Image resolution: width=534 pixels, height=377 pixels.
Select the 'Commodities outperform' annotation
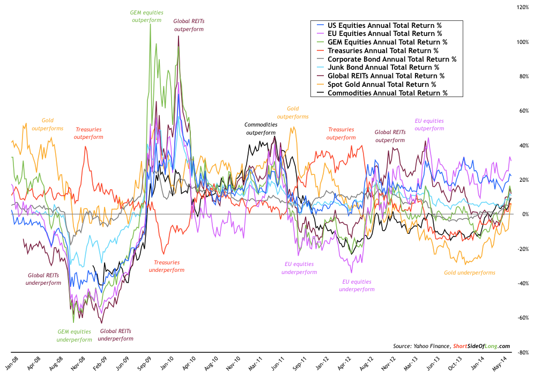point(262,129)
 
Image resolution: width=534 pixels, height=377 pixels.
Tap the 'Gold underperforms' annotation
point(469,272)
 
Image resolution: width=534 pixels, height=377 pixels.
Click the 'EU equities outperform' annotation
point(429,124)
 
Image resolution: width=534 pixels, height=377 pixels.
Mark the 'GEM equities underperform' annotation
point(75,335)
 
